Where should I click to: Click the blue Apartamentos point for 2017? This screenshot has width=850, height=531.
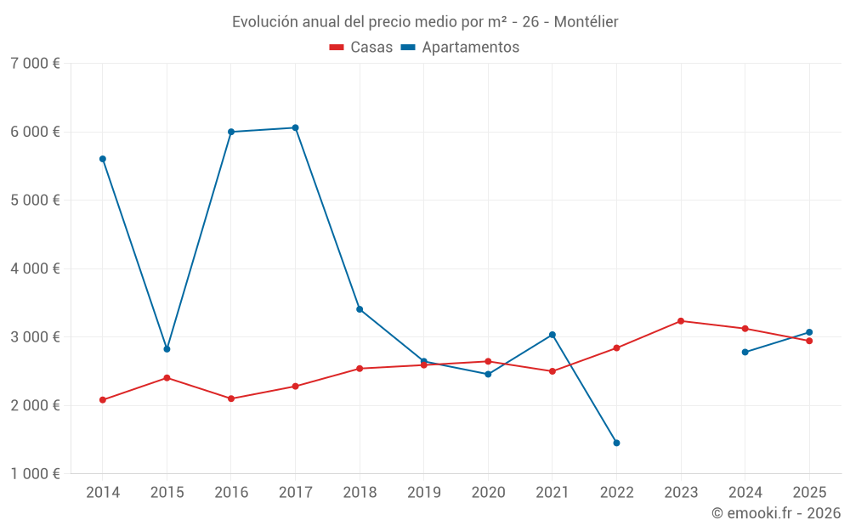tap(295, 127)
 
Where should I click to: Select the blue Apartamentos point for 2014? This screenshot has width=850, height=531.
tap(102, 159)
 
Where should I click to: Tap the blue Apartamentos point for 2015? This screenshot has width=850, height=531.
tap(167, 349)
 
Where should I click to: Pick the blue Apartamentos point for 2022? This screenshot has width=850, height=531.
tap(616, 443)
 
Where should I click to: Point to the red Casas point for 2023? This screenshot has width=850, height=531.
tap(681, 321)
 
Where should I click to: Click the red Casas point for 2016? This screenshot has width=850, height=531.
tap(231, 398)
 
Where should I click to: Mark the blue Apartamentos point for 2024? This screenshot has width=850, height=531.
tap(745, 352)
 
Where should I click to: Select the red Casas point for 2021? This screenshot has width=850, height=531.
tap(552, 371)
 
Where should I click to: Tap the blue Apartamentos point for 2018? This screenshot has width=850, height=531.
tap(360, 309)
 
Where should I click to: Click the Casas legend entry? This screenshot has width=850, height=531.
tap(361, 48)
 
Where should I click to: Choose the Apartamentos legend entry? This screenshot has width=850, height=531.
tap(460, 48)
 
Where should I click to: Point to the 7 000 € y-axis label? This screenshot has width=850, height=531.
tap(35, 64)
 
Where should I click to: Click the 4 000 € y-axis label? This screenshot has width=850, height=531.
tap(35, 268)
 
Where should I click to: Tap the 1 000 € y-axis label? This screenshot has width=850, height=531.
tap(35, 474)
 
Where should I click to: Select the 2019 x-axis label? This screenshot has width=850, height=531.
tap(423, 492)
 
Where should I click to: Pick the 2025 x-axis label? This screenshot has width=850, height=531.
tap(809, 492)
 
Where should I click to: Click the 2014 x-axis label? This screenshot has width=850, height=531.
tap(102, 492)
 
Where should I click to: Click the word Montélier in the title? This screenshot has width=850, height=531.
tap(586, 21)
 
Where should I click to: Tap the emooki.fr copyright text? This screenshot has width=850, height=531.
tap(776, 513)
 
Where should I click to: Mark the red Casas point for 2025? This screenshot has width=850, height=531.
tap(809, 341)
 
